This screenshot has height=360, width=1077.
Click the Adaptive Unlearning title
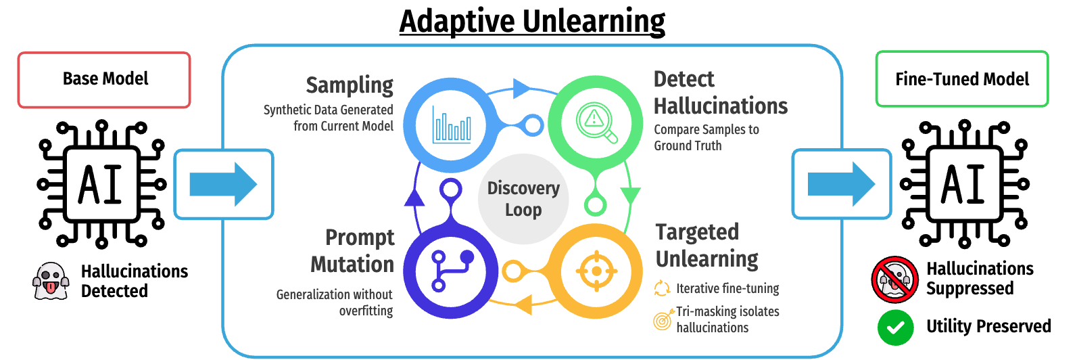point(532,21)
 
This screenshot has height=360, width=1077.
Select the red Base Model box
point(104,80)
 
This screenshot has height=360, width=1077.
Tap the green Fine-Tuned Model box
point(962,79)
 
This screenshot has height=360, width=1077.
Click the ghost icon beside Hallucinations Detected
point(51,281)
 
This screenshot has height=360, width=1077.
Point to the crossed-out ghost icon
point(894,279)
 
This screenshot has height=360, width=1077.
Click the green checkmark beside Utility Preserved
point(895,328)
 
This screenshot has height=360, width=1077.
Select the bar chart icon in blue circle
point(452,125)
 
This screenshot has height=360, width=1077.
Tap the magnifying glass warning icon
point(596,122)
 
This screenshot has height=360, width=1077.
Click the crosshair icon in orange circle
point(596,271)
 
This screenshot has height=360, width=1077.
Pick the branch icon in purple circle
point(452,271)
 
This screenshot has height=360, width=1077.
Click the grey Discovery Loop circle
point(523,199)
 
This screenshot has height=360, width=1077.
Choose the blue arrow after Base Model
point(223,184)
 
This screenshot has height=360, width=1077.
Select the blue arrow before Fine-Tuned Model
point(841,184)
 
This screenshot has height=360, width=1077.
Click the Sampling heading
point(350,85)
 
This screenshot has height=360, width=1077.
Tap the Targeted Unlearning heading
point(707,246)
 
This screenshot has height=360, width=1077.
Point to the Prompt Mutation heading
point(352,251)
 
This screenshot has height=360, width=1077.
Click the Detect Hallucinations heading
point(720,93)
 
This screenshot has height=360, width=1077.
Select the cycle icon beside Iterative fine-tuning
point(662,288)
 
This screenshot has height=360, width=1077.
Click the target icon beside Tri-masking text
point(663,319)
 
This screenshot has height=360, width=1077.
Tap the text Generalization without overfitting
point(334,302)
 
